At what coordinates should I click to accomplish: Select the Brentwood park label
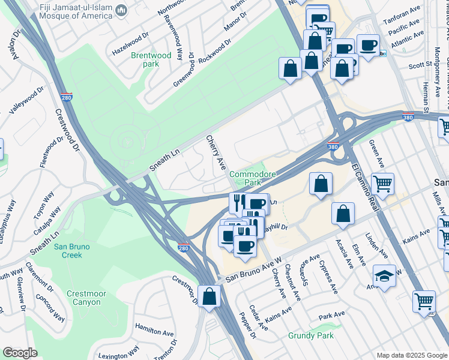click(151, 60)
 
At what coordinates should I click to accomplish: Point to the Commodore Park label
click(252, 178)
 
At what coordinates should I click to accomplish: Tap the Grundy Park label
click(310, 335)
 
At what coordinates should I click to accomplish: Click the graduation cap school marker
click(384, 277)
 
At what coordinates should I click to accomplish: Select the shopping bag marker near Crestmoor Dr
click(209, 296)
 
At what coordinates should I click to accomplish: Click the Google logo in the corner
click(20, 353)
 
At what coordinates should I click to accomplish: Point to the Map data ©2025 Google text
click(411, 355)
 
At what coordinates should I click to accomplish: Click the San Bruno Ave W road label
click(253, 271)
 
